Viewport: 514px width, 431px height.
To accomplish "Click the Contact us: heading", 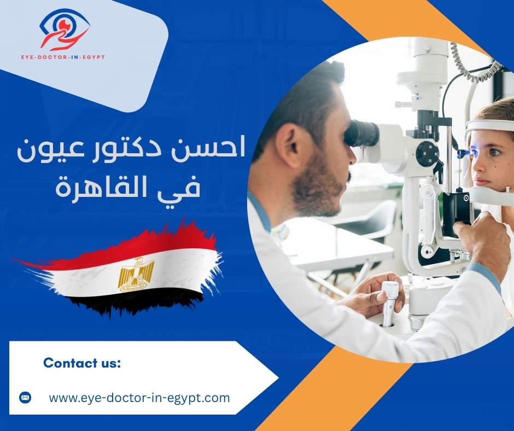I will tap(82, 363).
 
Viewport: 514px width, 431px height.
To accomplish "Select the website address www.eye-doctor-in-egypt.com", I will tap(139, 398).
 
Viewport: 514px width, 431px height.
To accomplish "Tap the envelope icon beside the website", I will tap(25, 398).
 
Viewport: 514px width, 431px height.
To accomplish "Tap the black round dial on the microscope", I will tap(427, 154).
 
